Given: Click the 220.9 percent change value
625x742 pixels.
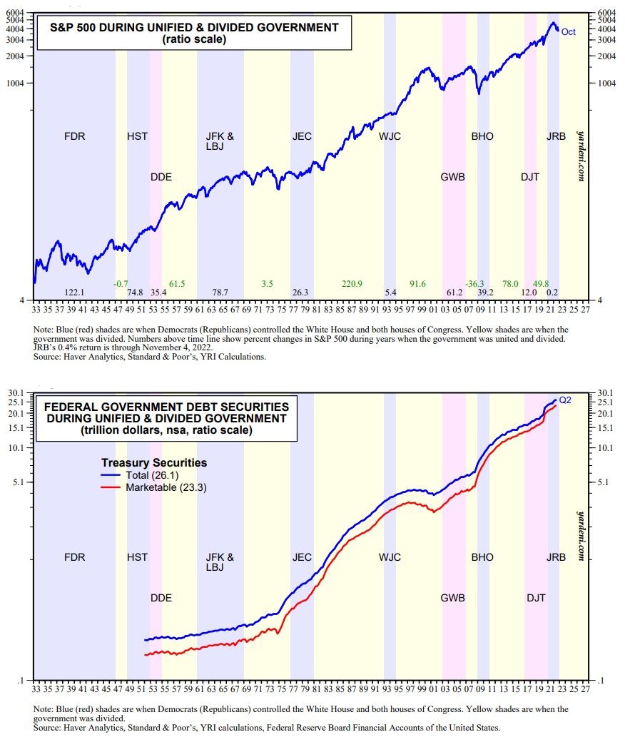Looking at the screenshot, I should (352, 284).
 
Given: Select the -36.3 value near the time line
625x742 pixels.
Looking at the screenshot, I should (475, 284).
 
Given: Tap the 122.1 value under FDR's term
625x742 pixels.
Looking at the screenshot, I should (75, 293).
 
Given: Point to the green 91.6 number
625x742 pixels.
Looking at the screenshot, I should (417, 284).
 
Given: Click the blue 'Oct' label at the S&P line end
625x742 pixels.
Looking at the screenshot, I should (568, 31).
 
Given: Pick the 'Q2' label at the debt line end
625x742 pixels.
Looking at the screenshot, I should (565, 400).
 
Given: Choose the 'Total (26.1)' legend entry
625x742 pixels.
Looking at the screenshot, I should (149, 475).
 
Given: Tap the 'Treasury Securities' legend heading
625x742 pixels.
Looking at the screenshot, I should (154, 462).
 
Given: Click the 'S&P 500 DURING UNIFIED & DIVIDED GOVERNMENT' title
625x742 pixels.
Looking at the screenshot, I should (194, 28).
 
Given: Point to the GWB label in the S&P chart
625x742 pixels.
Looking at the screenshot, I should (453, 177).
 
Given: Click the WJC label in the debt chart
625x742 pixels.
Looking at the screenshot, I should (390, 557).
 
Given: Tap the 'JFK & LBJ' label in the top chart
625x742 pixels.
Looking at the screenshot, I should (220, 141).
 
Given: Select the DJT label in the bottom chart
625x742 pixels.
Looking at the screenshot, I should (536, 598).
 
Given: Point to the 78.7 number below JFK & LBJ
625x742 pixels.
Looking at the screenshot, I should (220, 293).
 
